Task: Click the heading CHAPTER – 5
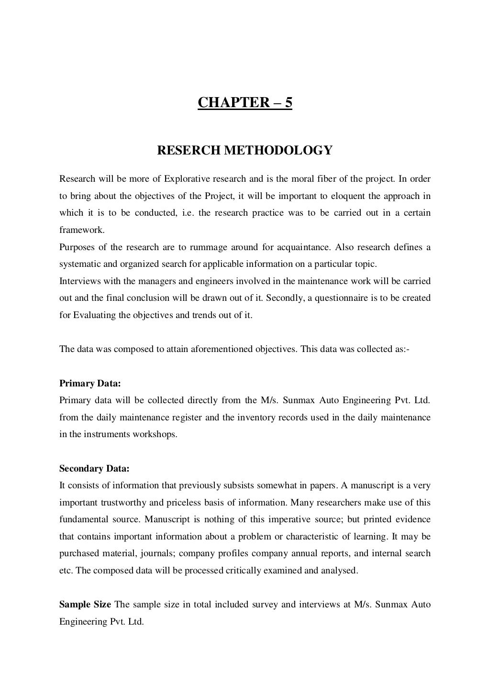coord(245,103)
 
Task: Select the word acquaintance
coord(304,247)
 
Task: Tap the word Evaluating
coord(95,315)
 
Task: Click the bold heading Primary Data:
coord(90,384)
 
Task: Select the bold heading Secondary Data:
coord(94,469)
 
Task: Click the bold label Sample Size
coord(85,605)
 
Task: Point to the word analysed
coord(340,571)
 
